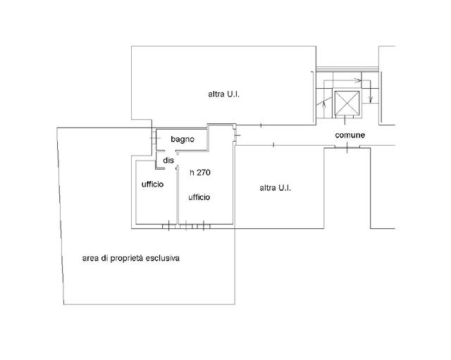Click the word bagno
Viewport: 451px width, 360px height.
click(x=183, y=139)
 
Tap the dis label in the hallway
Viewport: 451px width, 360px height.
click(x=168, y=160)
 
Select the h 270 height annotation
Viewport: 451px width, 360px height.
click(x=200, y=173)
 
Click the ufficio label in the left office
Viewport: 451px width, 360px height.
click(x=152, y=185)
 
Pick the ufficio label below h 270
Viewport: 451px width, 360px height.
click(x=199, y=197)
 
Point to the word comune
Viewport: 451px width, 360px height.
click(x=350, y=135)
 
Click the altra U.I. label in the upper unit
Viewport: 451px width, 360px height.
click(x=224, y=94)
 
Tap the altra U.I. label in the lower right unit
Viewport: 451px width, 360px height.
click(x=276, y=188)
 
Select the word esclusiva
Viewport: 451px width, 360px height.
click(x=163, y=259)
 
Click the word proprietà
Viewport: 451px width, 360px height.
click(x=127, y=259)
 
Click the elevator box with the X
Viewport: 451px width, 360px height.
click(x=347, y=103)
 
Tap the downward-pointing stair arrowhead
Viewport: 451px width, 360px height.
click(x=371, y=99)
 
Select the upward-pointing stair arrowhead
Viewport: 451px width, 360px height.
click(x=324, y=104)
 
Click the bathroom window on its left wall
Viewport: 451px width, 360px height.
click(x=154, y=138)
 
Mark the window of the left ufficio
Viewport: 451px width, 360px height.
click(x=169, y=227)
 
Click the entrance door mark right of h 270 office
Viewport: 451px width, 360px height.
click(x=237, y=135)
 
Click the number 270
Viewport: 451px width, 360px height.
click(x=204, y=173)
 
